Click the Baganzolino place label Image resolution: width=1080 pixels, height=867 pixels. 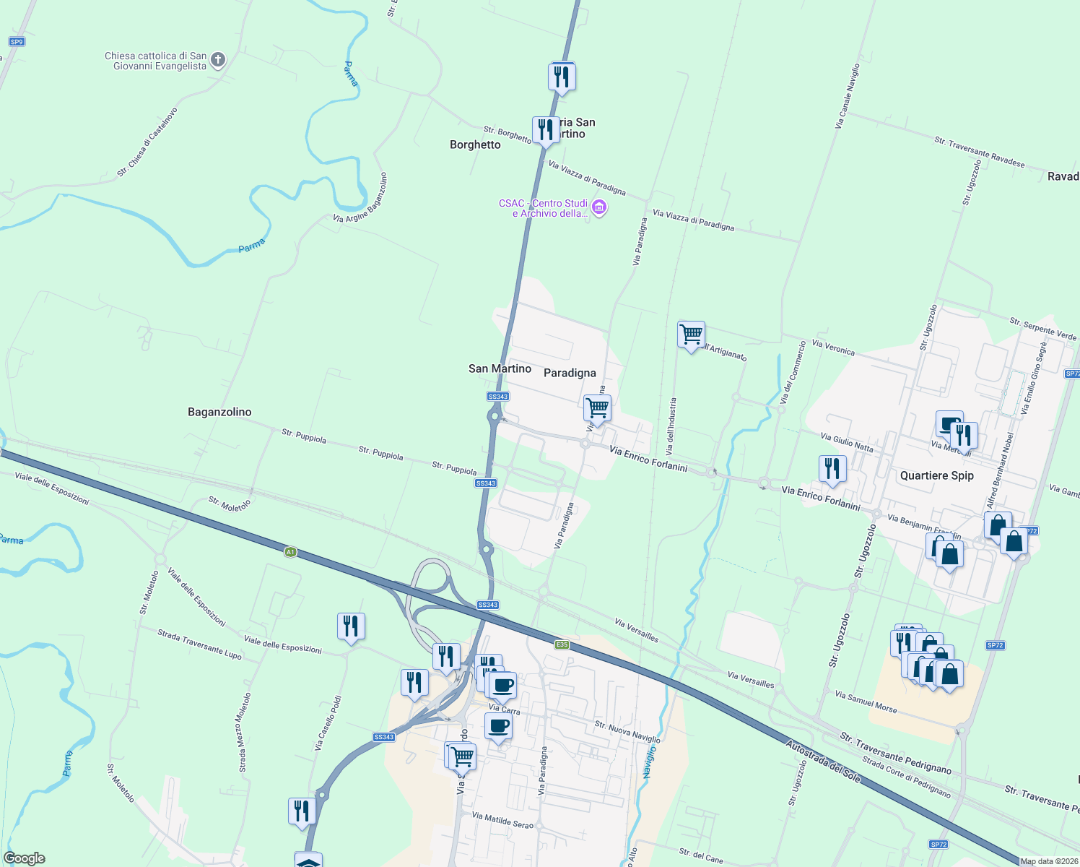click(219, 412)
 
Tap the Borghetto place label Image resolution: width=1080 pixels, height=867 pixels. click(475, 144)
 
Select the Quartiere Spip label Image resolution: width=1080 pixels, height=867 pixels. click(936, 475)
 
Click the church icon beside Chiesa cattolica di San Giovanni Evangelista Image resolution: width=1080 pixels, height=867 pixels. click(218, 60)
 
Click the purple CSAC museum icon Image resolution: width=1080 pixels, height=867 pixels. click(598, 208)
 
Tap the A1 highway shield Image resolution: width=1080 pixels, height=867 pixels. click(290, 552)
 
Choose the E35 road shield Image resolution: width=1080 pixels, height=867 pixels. click(562, 644)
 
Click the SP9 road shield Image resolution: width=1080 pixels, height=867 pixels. click(17, 42)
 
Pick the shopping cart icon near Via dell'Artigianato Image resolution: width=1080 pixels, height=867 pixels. click(691, 335)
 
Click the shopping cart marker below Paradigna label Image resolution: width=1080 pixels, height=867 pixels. click(597, 408)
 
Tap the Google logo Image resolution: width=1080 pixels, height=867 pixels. click(24, 858)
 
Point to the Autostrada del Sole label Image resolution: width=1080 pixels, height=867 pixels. click(823, 761)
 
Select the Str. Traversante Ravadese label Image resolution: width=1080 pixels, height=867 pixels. click(979, 152)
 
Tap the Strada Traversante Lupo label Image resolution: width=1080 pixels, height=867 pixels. click(199, 644)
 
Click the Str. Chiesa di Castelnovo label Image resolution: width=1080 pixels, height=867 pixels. click(147, 142)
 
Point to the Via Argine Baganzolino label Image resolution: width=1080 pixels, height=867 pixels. click(360, 197)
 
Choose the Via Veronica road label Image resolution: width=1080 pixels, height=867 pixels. click(833, 348)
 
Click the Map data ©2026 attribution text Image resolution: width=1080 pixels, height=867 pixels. click(1049, 861)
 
